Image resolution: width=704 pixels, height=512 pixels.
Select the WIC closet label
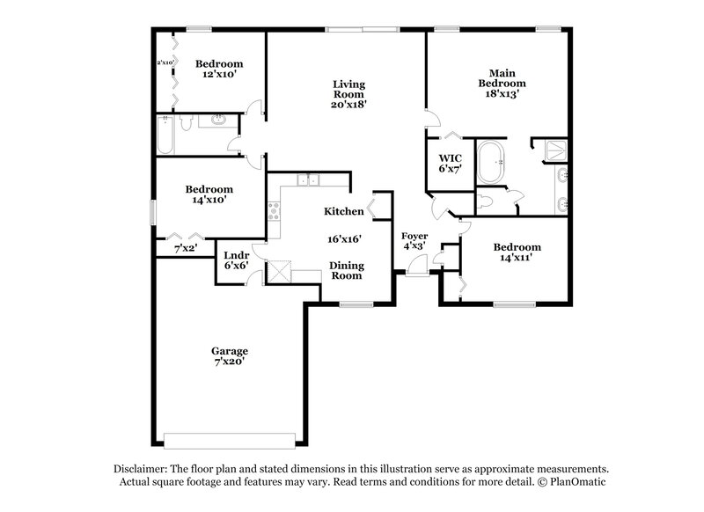pyautogui.click(x=450, y=158)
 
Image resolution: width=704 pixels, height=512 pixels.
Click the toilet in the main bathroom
pyautogui.click(x=490, y=201)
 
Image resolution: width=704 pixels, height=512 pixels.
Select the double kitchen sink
pyautogui.click(x=307, y=180)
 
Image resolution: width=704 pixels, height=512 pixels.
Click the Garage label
pyautogui.click(x=229, y=351)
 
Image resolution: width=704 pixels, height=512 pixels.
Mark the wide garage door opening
pyautogui.click(x=231, y=439)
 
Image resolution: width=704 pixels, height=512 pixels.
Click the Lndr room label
pyautogui.click(x=236, y=256)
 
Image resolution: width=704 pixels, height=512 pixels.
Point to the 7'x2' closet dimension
pyautogui.click(x=185, y=250)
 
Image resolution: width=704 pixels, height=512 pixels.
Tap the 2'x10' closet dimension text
pyautogui.click(x=164, y=62)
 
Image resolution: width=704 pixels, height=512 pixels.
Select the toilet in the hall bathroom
pyautogui.click(x=185, y=124)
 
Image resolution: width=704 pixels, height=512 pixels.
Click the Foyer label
pyautogui.click(x=414, y=236)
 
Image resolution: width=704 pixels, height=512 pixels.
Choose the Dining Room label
pyautogui.click(x=346, y=270)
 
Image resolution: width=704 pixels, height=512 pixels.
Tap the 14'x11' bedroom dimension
pyautogui.click(x=517, y=259)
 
